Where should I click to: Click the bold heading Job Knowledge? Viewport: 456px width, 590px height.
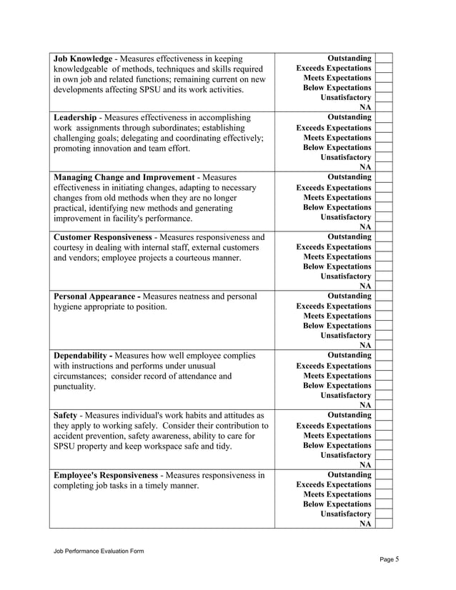[82, 58]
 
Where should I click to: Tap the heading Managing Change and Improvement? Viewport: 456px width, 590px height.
[124, 176]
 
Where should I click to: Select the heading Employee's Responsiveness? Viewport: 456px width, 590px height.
[106, 474]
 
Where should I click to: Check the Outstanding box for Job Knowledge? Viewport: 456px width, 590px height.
[384, 58]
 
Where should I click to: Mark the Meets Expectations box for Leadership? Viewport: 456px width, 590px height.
[384, 137]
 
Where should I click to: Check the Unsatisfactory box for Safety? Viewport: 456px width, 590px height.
[384, 454]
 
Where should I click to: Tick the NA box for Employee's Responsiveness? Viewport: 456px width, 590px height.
[384, 524]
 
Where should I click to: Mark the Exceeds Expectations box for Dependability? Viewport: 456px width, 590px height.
[384, 365]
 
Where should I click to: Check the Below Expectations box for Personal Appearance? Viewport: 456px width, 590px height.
[384, 326]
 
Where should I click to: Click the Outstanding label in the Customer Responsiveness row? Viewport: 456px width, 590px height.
[349, 236]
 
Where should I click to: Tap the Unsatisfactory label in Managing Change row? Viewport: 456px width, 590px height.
[346, 216]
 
